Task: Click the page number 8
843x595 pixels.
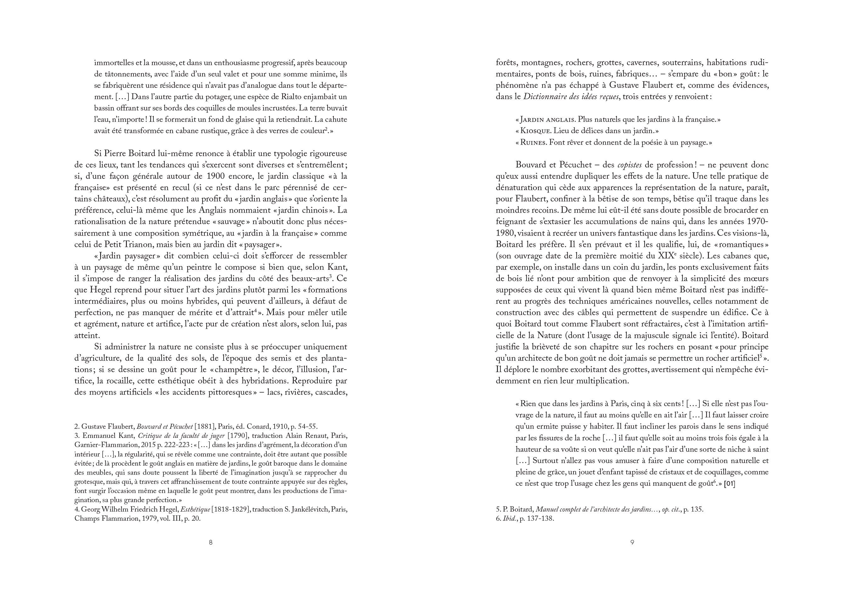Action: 210,542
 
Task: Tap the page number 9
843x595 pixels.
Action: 632,542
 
